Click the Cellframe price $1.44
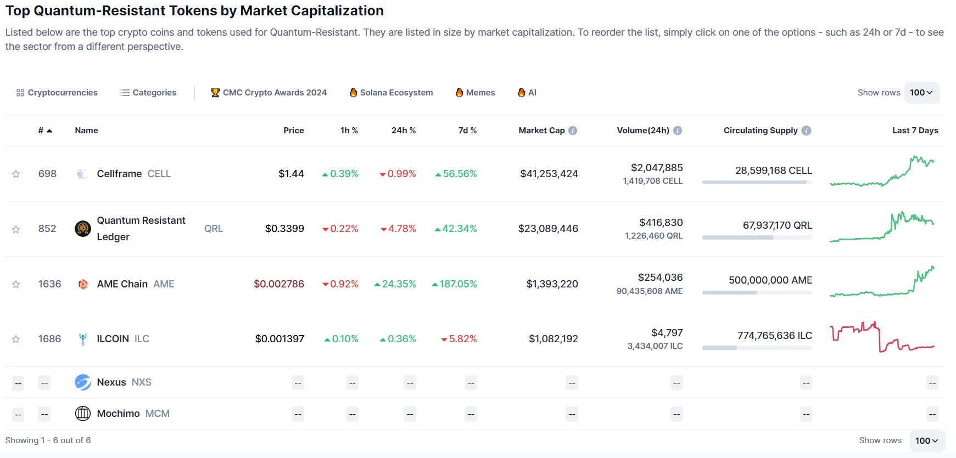pyautogui.click(x=291, y=174)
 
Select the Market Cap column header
pyautogui.click(x=541, y=131)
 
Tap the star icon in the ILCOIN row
pyautogui.click(x=16, y=339)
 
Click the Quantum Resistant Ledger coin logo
pyautogui.click(x=83, y=228)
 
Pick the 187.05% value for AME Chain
pyautogui.click(x=457, y=284)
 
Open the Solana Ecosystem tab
pyautogui.click(x=391, y=93)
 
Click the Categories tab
pyautogui.click(x=148, y=93)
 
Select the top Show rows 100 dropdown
pyautogui.click(x=921, y=93)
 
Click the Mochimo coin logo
pyautogui.click(x=83, y=414)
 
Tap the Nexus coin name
pyautogui.click(x=111, y=382)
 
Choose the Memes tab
pyautogui.click(x=475, y=93)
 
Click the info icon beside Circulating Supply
pyautogui.click(x=806, y=131)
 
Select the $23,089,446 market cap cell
pyautogui.click(x=548, y=229)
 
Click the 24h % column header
pyautogui.click(x=403, y=131)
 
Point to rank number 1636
pyautogui.click(x=49, y=284)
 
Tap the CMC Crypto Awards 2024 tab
pyautogui.click(x=269, y=93)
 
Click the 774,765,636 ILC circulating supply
pyautogui.click(x=774, y=335)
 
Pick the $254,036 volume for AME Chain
pyautogui.click(x=660, y=278)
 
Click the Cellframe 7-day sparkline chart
pyautogui.click(x=882, y=172)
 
